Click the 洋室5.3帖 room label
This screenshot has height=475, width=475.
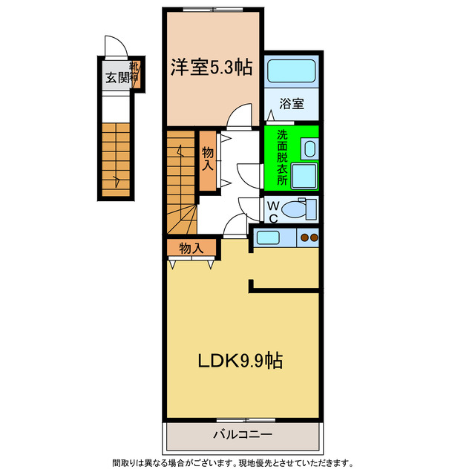(x=211, y=68)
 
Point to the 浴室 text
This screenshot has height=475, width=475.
(x=292, y=104)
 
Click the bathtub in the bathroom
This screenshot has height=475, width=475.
(x=292, y=72)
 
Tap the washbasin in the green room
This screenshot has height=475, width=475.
(x=309, y=150)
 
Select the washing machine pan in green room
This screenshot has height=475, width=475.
(x=304, y=176)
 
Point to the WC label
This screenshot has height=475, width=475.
(x=273, y=211)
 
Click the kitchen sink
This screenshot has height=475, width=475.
(x=268, y=237)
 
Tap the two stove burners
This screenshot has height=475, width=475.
(x=309, y=237)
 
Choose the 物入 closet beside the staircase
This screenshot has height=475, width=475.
(x=208, y=161)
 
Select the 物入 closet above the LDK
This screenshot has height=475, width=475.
(x=192, y=248)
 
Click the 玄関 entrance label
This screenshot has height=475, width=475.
(x=116, y=77)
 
